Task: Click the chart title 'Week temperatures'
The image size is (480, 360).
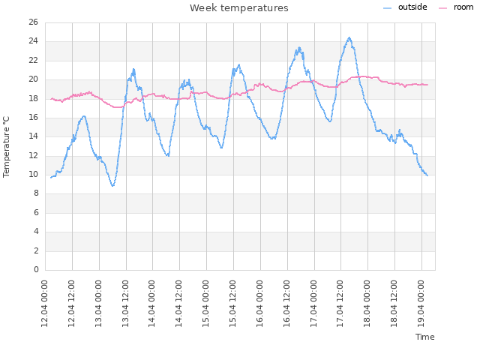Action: pos(238,8)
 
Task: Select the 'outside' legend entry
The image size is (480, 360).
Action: pos(412,7)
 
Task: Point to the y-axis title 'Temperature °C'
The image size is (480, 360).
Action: pos(7,146)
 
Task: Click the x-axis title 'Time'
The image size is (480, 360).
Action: pos(424,337)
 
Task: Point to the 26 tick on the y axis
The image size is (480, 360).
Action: pos(34,22)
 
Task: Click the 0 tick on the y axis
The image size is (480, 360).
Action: pos(36,270)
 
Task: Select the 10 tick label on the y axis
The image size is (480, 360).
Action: pos(34,175)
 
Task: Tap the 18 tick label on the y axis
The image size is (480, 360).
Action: pos(34,98)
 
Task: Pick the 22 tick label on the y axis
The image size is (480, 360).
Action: pos(34,61)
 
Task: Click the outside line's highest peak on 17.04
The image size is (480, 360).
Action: pos(349,37)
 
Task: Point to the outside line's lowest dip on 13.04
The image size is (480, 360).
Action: pos(112,186)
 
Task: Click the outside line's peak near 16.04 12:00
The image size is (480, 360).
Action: pos(299,48)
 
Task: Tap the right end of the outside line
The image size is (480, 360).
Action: pos(427,175)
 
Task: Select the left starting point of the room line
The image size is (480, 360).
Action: pos(50,99)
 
